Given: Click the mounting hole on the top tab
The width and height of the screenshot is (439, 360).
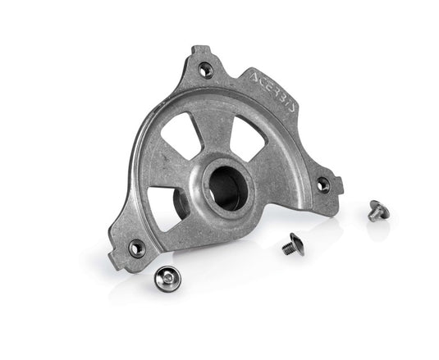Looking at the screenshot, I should [206, 71].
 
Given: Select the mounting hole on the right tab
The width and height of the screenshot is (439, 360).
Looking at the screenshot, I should [323, 185].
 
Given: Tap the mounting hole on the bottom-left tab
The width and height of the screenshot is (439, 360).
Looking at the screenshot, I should [137, 247].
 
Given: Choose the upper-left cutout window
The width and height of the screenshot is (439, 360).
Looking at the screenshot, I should [186, 136].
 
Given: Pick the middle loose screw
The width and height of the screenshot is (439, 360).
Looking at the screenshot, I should [291, 244].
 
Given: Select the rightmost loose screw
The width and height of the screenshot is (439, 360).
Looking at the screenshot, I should [378, 210].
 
